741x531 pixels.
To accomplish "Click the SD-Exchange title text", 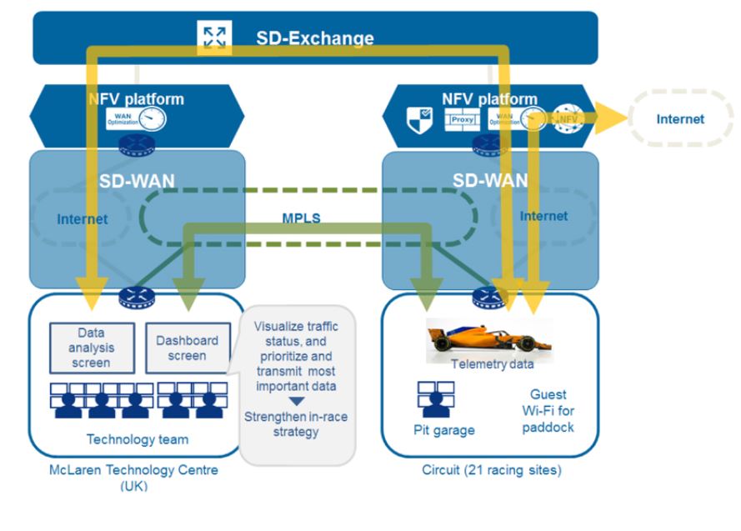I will tap(314, 38).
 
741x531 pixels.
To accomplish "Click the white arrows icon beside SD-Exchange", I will tap(214, 37).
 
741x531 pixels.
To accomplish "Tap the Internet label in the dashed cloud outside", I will tap(679, 119).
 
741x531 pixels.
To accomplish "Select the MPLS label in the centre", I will tap(300, 218).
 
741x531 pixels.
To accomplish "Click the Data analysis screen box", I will tap(91, 348).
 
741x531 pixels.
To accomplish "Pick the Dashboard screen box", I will tap(187, 348).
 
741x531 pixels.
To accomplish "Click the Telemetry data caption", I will tap(492, 364).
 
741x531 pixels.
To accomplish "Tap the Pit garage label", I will tap(443, 430).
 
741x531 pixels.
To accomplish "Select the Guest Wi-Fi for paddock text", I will tap(548, 410).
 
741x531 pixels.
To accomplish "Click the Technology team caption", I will tap(138, 439).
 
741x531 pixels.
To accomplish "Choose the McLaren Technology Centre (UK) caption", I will tap(133, 477).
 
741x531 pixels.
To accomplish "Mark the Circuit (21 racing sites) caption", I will tap(491, 470).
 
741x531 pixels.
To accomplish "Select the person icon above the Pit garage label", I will tap(435, 398).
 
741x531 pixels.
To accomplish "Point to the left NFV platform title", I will tap(136, 99).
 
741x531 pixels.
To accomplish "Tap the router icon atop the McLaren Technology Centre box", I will tap(133, 295).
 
